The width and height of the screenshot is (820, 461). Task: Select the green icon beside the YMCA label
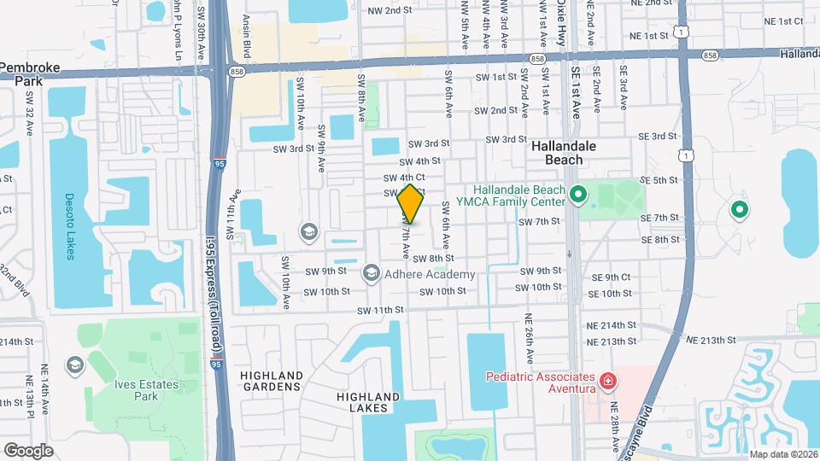[577, 196]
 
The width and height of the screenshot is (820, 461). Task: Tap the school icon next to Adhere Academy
[371, 273]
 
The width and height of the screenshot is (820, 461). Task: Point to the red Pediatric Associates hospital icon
[607, 380]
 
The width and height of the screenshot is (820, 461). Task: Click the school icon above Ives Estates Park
[74, 365]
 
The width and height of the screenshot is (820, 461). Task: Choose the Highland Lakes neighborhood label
[367, 402]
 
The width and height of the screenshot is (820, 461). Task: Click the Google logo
[28, 450]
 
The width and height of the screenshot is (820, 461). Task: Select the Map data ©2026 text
[782, 454]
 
